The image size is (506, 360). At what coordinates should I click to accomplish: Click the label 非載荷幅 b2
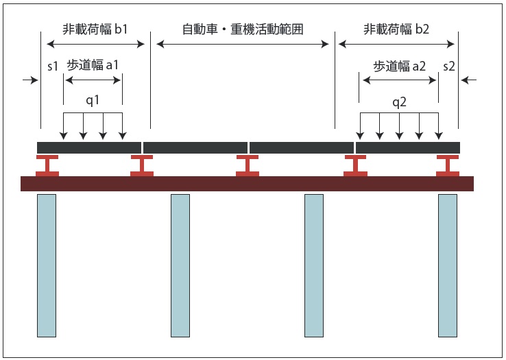click(396, 29)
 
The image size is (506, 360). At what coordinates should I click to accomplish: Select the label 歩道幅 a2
click(399, 66)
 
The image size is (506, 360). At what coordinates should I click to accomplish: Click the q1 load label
click(93, 100)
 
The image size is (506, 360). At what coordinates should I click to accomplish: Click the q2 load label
click(399, 102)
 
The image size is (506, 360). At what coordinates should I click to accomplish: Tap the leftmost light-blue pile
click(47, 265)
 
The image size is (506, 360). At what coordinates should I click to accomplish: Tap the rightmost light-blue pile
click(447, 265)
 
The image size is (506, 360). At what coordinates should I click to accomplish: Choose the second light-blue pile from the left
click(180, 265)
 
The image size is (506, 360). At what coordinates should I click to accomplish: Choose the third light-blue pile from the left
click(313, 265)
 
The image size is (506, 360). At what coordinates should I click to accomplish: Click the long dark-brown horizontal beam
click(247, 184)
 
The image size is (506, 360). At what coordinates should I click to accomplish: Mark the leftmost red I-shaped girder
click(47, 165)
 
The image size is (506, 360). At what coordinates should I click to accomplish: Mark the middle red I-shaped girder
click(248, 165)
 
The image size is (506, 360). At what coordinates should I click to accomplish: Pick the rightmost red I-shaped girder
click(448, 165)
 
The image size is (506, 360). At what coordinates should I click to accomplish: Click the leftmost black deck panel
click(88, 147)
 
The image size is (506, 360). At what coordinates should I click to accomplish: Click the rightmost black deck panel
click(407, 147)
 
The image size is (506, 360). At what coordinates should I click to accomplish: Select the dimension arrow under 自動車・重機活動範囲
click(243, 45)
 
